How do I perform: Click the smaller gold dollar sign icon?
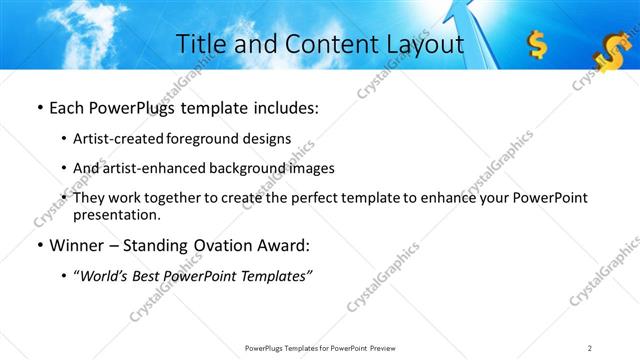(537, 44)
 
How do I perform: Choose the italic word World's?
(104, 276)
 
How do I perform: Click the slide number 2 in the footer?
(590, 347)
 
